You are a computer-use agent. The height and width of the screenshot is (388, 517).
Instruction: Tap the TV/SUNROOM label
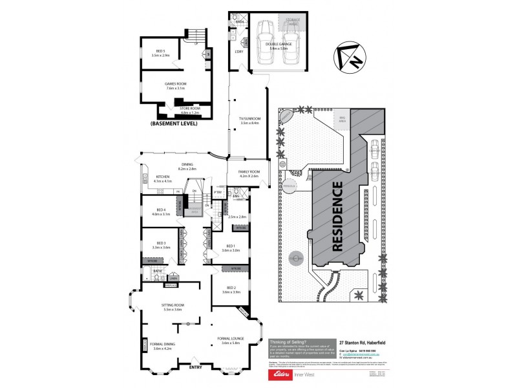pyautogui.click(x=248, y=121)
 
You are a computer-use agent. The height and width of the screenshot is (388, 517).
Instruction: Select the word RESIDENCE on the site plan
pyautogui.click(x=337, y=216)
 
